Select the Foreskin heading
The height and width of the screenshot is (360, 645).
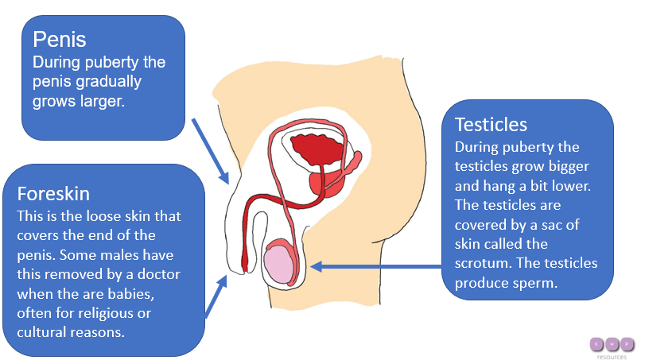[53, 193]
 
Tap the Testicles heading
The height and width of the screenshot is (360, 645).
[491, 126]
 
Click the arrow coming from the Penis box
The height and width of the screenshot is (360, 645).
[210, 150]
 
